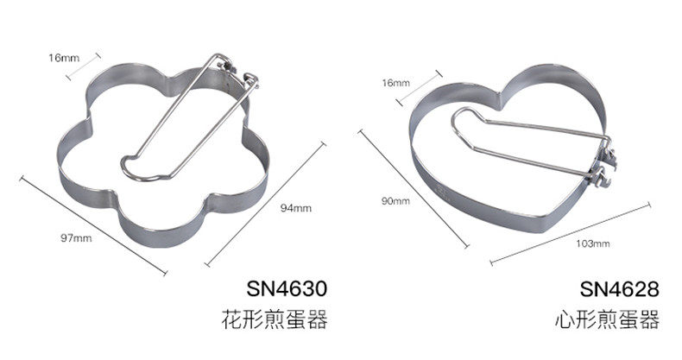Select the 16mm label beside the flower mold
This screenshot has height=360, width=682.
(63, 58)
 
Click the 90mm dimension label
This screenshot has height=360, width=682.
(395, 201)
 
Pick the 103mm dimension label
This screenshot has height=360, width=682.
(592, 244)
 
